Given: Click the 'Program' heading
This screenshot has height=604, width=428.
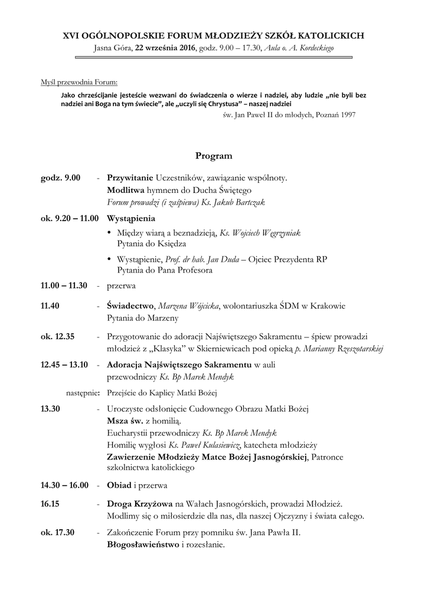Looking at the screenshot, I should (x=214, y=156).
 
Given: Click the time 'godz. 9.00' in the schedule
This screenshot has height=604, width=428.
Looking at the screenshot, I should (x=60, y=178).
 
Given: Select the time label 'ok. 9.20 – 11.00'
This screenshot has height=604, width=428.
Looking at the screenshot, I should (x=70, y=218).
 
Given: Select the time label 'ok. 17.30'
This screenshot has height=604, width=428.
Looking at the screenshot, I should (x=57, y=533).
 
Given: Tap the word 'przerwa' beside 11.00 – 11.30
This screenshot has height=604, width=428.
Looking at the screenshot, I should (x=121, y=285).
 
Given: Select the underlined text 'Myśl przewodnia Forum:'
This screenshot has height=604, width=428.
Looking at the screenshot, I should (x=79, y=82).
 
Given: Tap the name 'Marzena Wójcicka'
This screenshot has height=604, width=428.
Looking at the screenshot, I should (x=188, y=306).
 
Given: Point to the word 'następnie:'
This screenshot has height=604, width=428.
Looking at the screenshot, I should (x=82, y=392).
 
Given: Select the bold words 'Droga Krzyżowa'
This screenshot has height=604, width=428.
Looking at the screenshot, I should (x=139, y=504).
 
